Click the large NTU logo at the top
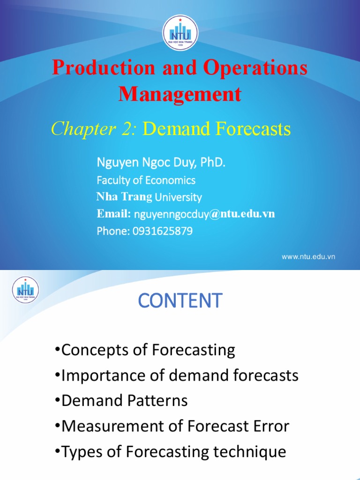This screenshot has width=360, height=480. click(x=180, y=32)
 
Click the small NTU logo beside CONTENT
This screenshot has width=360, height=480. click(x=26, y=289)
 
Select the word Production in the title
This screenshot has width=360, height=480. click(x=103, y=67)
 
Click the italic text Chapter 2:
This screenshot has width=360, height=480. click(x=94, y=128)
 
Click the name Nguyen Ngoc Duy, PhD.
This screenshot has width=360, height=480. click(x=161, y=163)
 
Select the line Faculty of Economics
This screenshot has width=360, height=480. click(x=146, y=180)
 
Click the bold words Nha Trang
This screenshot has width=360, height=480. click(x=124, y=197)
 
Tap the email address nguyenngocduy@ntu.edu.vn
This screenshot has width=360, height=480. click(x=204, y=214)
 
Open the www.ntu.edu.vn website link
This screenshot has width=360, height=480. click(x=308, y=256)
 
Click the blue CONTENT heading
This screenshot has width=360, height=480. click(x=180, y=300)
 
